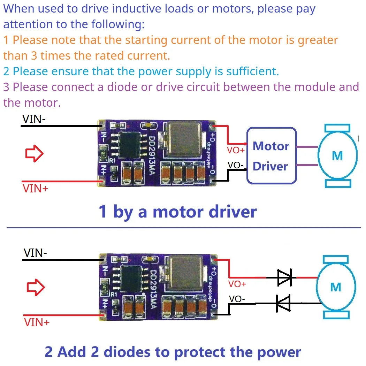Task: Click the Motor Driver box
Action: [x=272, y=156]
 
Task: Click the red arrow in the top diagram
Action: [x=34, y=153]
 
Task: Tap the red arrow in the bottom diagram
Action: [x=36, y=288]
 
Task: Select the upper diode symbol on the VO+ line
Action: [x=285, y=277]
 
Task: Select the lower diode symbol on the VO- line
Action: [x=283, y=303]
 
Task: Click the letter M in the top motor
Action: [x=337, y=156]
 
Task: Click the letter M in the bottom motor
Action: [x=335, y=287]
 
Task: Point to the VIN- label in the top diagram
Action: [x=34, y=119]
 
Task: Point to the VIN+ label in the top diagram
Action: [x=35, y=189]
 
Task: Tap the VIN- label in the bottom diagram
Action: [x=35, y=253]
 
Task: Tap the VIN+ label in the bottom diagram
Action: [x=37, y=322]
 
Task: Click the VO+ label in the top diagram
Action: [x=236, y=150]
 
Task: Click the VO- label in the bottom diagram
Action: [x=237, y=299]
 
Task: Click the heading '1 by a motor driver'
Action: [x=178, y=212]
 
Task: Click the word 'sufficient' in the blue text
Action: [x=252, y=71]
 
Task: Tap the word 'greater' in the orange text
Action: [x=318, y=40]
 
